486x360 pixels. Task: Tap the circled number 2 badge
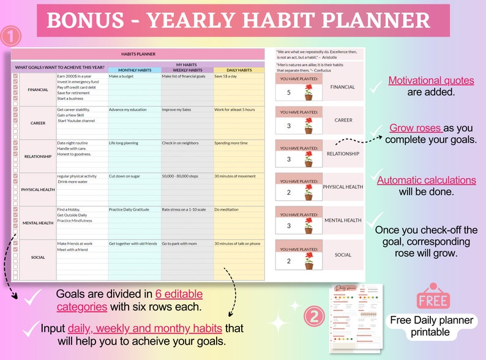[313, 317]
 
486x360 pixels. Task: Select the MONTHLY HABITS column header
[134, 70]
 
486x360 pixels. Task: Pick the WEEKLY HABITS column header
[187, 70]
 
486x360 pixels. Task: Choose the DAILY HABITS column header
[239, 70]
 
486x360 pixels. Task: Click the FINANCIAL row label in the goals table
[38, 89]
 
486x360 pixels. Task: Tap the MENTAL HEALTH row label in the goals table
[38, 223]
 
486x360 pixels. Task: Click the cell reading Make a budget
[121, 77]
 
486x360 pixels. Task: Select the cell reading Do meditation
[228, 209]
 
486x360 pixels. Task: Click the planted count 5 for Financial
[289, 93]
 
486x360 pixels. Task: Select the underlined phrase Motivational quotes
[431, 81]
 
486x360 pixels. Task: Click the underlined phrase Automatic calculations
[426, 180]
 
